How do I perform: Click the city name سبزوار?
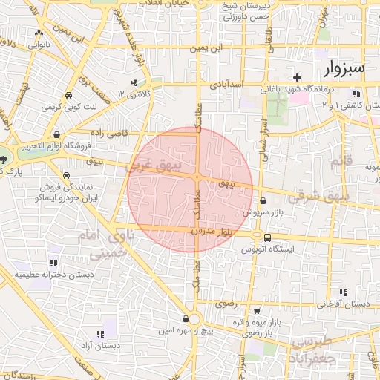pyautogui.click(x=345, y=69)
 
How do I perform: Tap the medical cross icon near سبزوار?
pyautogui.click(x=297, y=77)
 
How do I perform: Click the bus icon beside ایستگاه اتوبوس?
pyautogui.click(x=267, y=237)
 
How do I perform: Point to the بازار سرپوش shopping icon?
pyautogui.click(x=263, y=200)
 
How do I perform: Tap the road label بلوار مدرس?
pyautogui.click(x=212, y=232)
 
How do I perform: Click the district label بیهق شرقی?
pyautogui.click(x=347, y=196)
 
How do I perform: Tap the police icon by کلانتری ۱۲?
pyautogui.click(x=134, y=82)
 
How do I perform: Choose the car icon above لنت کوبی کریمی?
pyautogui.click(x=68, y=96)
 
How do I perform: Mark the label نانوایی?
pyautogui.click(x=39, y=45)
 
